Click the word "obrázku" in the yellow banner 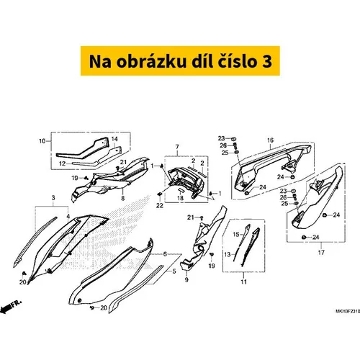(x=151, y=61)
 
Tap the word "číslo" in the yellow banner (x=237, y=61)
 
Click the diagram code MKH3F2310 (x=348, y=312)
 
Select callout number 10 (x=42, y=141)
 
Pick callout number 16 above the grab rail (x=270, y=140)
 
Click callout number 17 (x=321, y=253)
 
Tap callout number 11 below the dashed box (x=244, y=282)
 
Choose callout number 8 (x=123, y=198)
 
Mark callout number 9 (x=186, y=280)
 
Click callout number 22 (x=160, y=206)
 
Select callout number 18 (x=180, y=198)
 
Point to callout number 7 (x=177, y=147)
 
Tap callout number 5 (x=174, y=271)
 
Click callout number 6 (x=165, y=254)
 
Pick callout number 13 (x=228, y=254)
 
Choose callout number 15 (x=236, y=234)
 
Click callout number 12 (x=63, y=163)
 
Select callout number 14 (x=114, y=139)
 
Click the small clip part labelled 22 (x=160, y=194)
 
